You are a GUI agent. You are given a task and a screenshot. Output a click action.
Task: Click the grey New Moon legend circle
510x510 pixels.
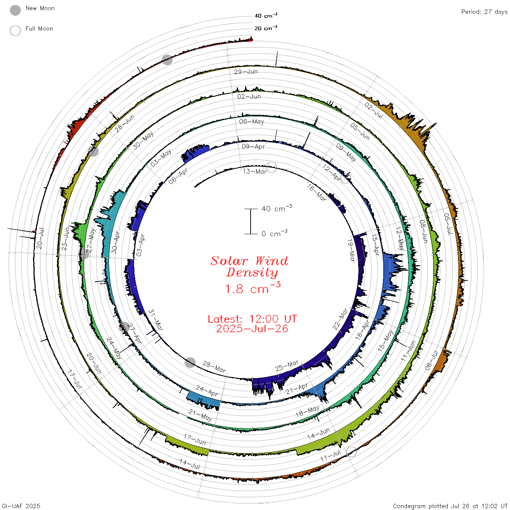click(x=15, y=10)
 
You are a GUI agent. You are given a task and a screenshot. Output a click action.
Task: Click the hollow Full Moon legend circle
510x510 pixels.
click(x=15, y=31)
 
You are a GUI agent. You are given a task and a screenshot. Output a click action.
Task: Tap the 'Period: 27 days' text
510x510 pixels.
click(x=484, y=12)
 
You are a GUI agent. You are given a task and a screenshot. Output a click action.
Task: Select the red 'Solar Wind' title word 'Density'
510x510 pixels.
click(x=252, y=272)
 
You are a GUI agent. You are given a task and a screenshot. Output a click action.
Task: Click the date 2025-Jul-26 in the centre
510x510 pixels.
click(x=252, y=329)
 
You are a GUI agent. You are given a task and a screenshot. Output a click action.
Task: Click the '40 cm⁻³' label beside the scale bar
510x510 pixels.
click(x=277, y=208)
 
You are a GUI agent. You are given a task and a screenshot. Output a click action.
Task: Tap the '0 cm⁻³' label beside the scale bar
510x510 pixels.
click(x=274, y=234)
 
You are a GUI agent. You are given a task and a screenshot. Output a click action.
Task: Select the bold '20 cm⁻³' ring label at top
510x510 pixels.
click(x=266, y=28)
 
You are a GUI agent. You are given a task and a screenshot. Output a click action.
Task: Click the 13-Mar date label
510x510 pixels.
click(x=255, y=172)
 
